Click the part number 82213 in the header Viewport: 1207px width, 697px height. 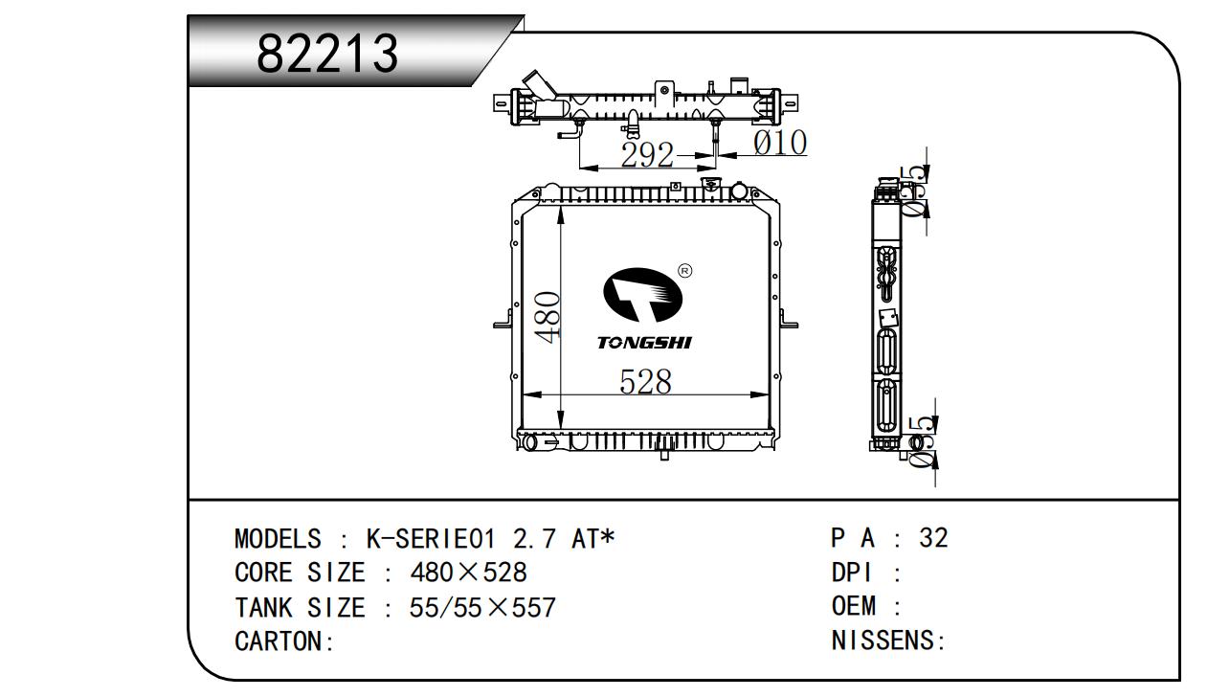[326, 54]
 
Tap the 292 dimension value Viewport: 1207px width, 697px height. [648, 155]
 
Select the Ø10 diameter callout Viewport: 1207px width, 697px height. [780, 143]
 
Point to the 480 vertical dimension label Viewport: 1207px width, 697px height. [547, 317]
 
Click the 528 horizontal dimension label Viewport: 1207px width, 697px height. [645, 381]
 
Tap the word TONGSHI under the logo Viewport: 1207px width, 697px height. [643, 343]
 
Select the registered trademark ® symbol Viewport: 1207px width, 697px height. [684, 271]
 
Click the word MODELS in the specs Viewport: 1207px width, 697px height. [278, 539]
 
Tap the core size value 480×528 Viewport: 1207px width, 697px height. [468, 573]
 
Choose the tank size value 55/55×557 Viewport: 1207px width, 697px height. [482, 608]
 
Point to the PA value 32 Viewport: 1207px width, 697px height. [933, 538]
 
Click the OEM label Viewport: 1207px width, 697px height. [854, 606]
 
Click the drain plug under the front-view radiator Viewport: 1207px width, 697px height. [665, 454]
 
